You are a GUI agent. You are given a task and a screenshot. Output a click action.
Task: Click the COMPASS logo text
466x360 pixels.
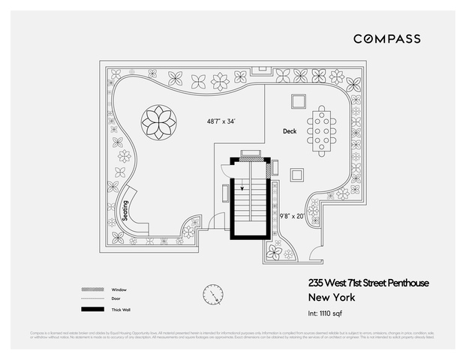click(x=386, y=38)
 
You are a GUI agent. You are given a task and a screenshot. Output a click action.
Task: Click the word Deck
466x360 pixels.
click(x=290, y=131)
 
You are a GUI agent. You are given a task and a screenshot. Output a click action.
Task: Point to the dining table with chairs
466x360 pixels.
click(x=323, y=130)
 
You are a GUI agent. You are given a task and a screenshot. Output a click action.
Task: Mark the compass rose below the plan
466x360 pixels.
click(x=212, y=294)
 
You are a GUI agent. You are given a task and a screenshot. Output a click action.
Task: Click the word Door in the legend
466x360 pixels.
click(x=116, y=299)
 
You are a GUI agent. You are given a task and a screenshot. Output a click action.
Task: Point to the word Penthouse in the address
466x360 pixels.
click(x=408, y=282)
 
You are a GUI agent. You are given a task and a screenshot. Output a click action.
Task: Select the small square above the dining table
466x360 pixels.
click(x=299, y=100)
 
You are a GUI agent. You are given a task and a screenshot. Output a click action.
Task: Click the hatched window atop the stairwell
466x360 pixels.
click(x=250, y=156)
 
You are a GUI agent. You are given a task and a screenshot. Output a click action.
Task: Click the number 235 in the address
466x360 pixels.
click(x=317, y=282)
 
